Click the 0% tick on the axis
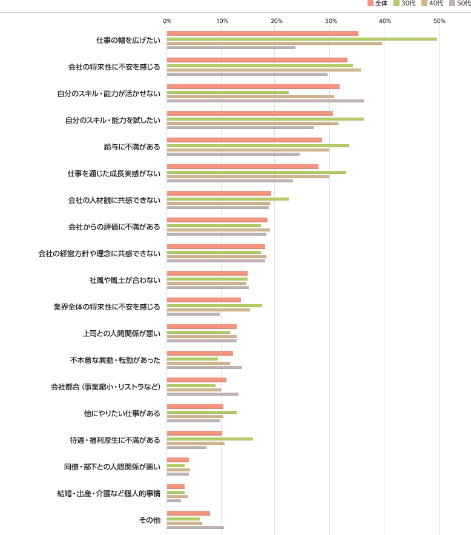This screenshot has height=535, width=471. click(168, 21)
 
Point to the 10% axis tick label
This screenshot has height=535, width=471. click(222, 21)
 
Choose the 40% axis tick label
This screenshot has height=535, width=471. click(385, 21)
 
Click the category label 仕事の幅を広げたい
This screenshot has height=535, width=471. click(128, 40)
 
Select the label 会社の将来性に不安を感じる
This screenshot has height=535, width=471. click(114, 67)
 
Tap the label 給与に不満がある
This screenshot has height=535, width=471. click(132, 147)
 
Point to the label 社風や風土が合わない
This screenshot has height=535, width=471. click(125, 280)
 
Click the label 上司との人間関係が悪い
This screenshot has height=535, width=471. click(121, 333)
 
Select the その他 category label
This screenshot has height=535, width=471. click(150, 520)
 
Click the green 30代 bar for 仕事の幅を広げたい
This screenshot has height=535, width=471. click(301, 39)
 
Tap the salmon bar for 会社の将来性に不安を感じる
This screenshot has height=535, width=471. click(257, 60)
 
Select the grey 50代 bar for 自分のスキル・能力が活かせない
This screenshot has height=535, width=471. click(265, 101)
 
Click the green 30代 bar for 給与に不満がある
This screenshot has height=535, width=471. click(258, 145)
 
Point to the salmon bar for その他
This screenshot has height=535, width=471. click(188, 513)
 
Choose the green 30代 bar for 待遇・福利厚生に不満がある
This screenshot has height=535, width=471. click(209, 439)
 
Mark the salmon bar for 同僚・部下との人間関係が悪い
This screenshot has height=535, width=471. click(177, 460)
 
